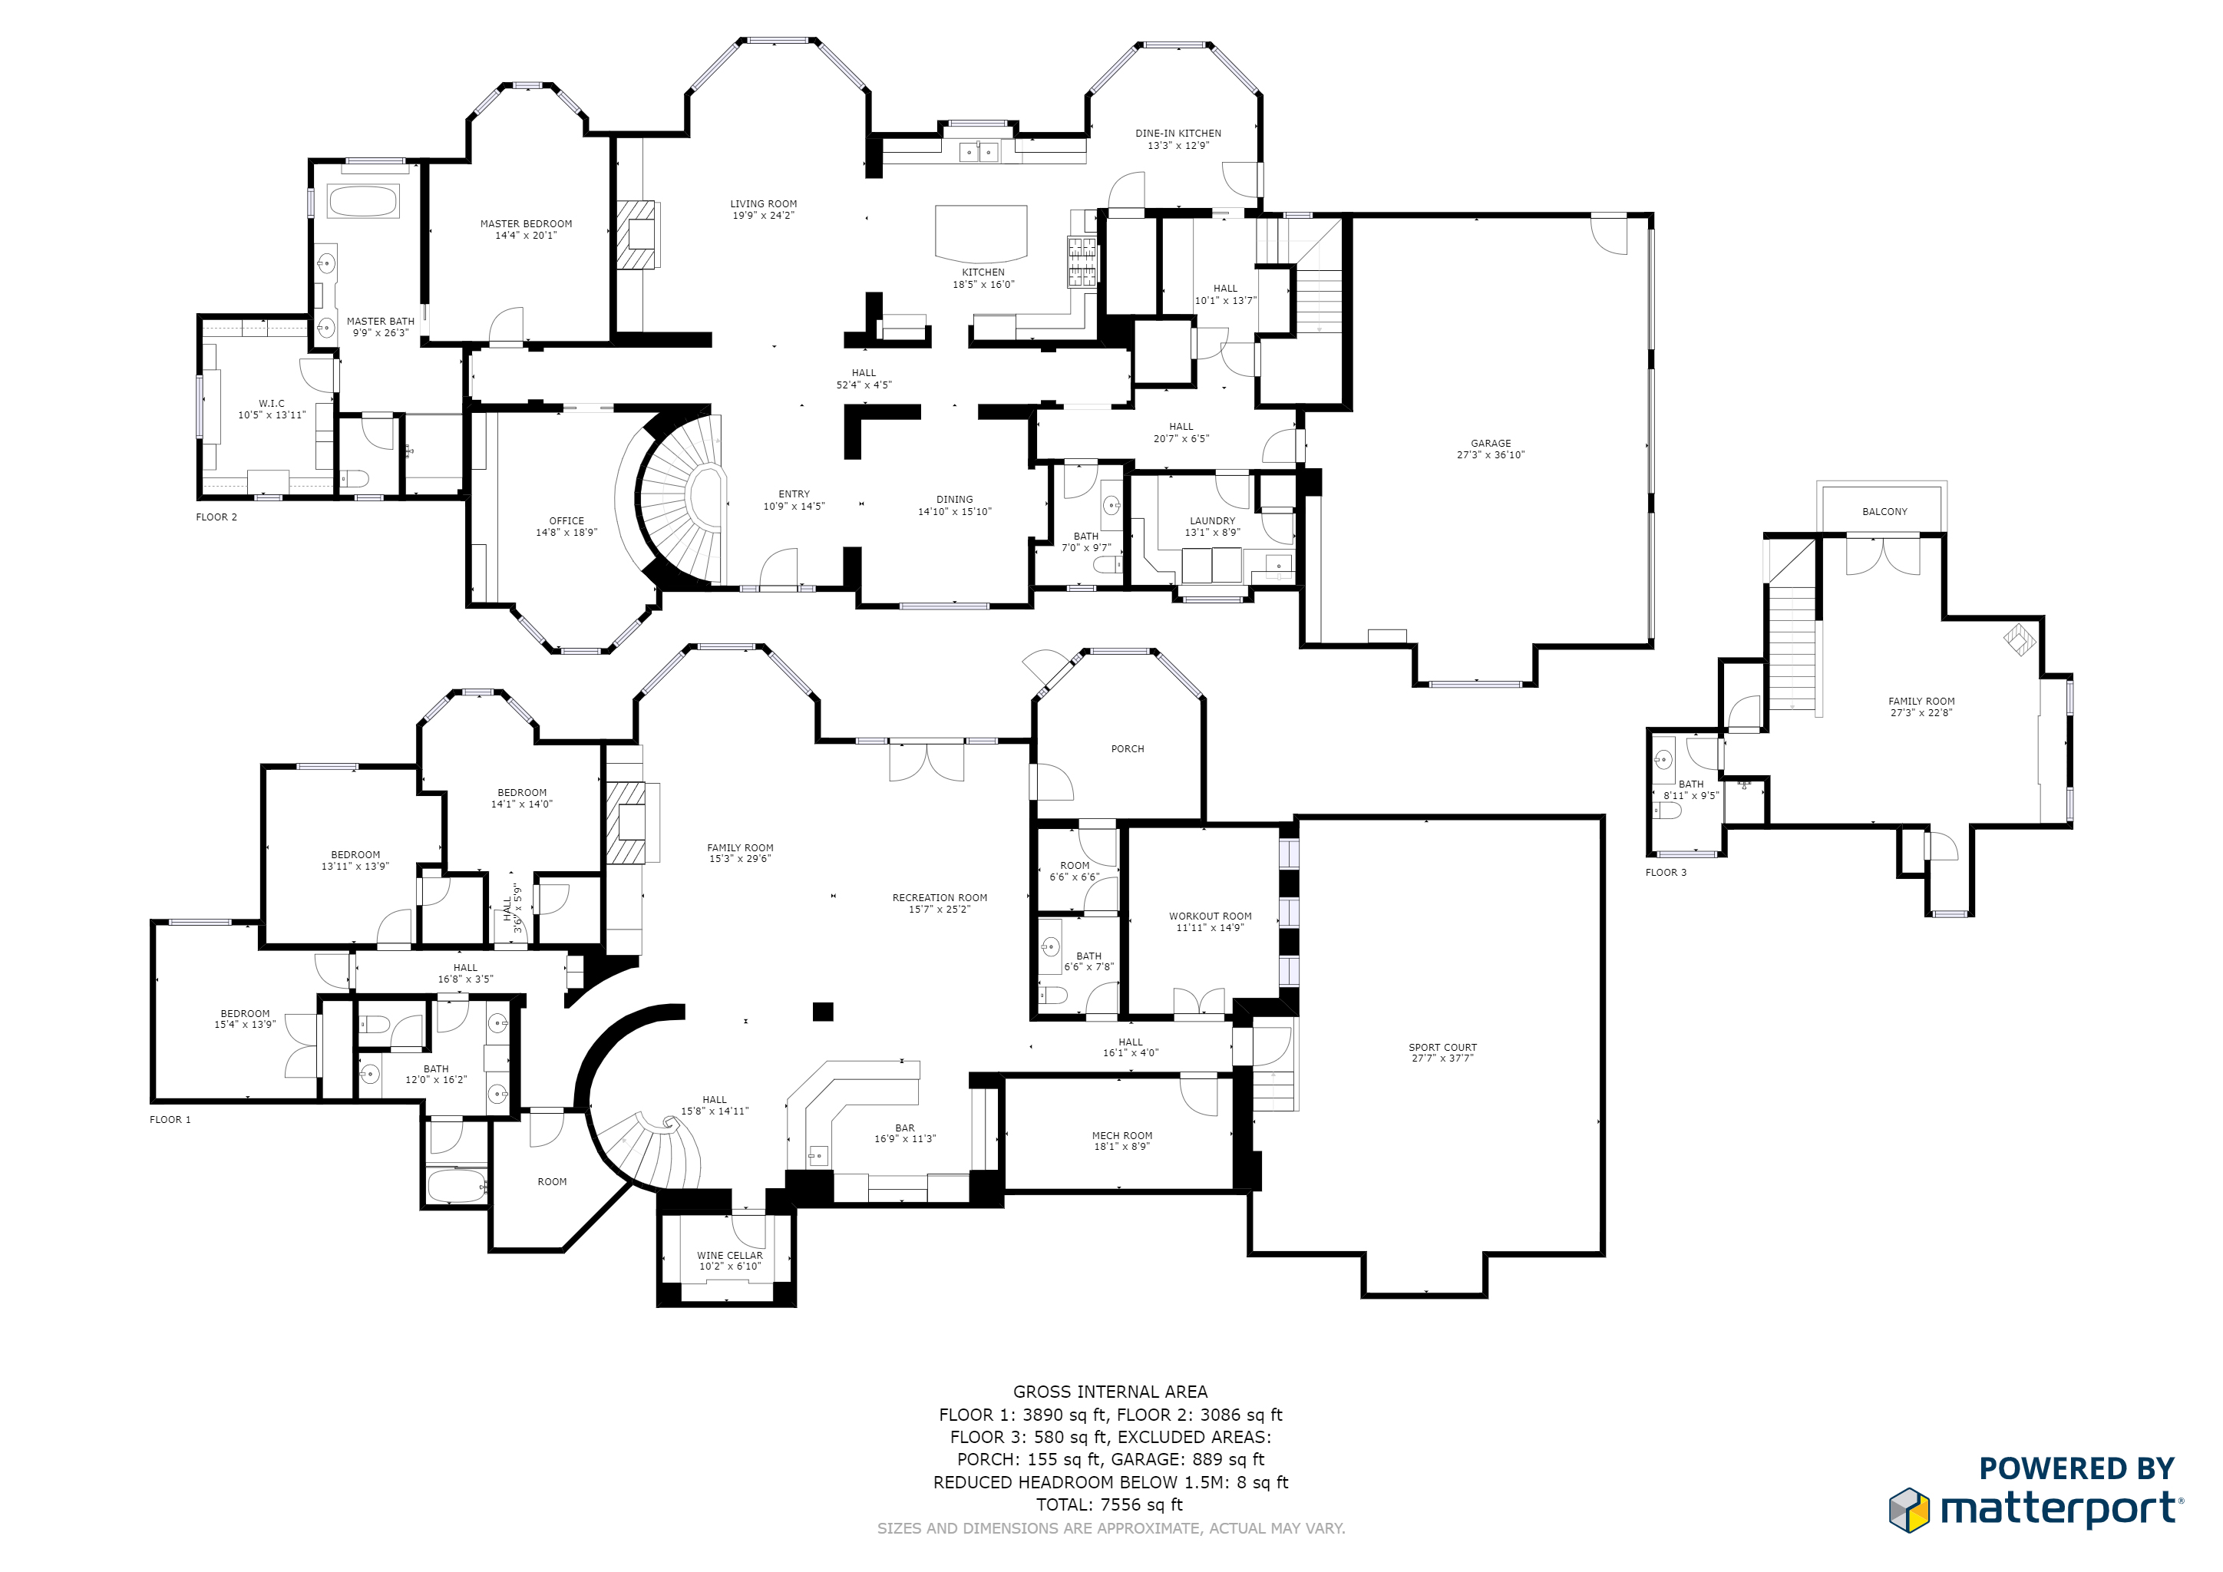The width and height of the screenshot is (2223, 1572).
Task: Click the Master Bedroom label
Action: coord(526,223)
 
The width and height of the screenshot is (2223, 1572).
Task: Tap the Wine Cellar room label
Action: coord(729,1256)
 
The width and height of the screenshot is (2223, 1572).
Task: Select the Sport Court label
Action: coord(1442,1047)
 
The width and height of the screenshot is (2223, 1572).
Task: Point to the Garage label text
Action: coord(1490,444)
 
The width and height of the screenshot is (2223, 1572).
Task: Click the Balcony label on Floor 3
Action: coord(1884,512)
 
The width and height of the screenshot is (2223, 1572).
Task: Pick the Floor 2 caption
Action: coord(216,517)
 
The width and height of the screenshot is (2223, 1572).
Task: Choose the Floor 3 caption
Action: coord(1665,872)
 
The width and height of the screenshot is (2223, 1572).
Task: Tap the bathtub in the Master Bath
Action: coord(362,201)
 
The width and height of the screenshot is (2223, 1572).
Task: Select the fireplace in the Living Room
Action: coord(639,234)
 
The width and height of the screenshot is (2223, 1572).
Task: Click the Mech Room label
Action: coord(1121,1135)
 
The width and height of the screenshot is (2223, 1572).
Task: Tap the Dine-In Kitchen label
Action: coord(1178,134)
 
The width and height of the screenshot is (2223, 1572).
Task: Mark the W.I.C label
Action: coord(271,404)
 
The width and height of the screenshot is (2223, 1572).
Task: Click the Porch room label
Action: coord(1127,749)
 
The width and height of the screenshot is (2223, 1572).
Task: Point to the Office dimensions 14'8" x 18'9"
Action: coord(566,533)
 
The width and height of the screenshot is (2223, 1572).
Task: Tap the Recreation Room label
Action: coord(939,897)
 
